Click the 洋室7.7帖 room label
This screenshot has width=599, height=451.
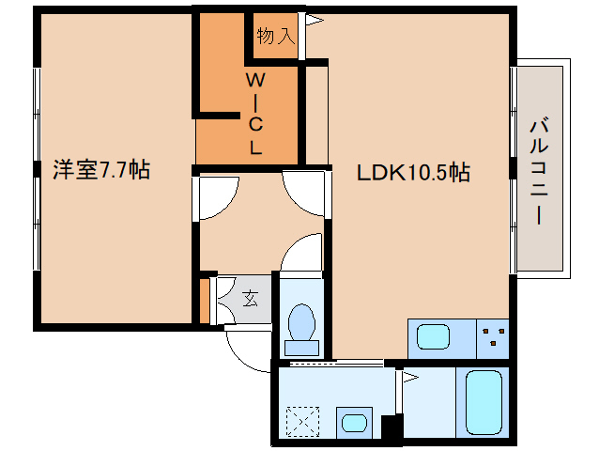pyautogui.click(x=101, y=170)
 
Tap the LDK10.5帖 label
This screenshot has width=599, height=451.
pyautogui.click(x=413, y=172)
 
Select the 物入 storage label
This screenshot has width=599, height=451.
pyautogui.click(x=276, y=36)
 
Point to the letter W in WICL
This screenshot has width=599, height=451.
pyautogui.click(x=255, y=80)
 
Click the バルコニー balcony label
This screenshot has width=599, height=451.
pyautogui.click(x=539, y=172)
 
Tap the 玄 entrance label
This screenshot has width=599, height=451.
pyautogui.click(x=251, y=299)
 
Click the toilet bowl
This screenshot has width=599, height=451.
pyautogui.click(x=301, y=320)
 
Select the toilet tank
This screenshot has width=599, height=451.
pyautogui.click(x=301, y=348)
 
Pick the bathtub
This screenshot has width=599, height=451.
pyautogui.click(x=484, y=402)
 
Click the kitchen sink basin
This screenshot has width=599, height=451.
pyautogui.click(x=433, y=336)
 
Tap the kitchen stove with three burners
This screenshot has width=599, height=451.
pyautogui.click(x=493, y=338)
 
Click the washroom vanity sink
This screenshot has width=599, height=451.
pyautogui.click(x=354, y=423)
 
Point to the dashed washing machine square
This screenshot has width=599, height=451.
pyautogui.click(x=302, y=422)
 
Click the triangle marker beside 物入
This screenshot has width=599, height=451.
pyautogui.click(x=315, y=21)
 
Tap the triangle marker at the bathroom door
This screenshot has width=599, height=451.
pyautogui.click(x=410, y=378)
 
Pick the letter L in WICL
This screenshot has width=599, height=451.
pyautogui.click(x=256, y=148)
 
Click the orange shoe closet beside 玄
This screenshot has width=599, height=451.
pyautogui.click(x=205, y=302)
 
